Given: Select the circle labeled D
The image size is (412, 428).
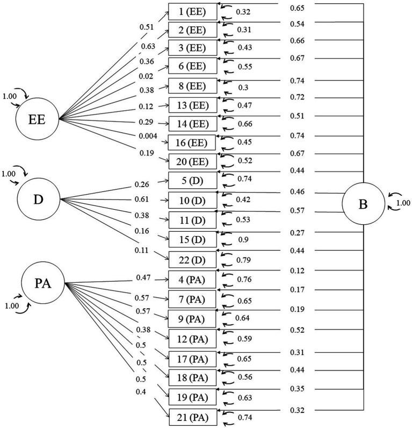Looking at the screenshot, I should (39, 199).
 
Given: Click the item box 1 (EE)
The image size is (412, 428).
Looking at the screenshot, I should (193, 12).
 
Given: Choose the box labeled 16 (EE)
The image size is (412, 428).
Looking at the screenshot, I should (193, 142).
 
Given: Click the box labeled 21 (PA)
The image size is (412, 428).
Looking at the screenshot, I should (193, 417).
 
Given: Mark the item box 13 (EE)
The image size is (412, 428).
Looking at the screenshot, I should (193, 104).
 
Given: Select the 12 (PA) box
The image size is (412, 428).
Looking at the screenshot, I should (193, 338).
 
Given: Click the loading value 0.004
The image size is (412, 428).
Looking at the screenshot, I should (148, 137).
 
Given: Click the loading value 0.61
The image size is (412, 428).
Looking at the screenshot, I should (141, 199).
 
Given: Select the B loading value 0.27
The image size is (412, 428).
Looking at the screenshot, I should (297, 233).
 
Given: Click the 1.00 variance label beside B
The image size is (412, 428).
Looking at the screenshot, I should (402, 203).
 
